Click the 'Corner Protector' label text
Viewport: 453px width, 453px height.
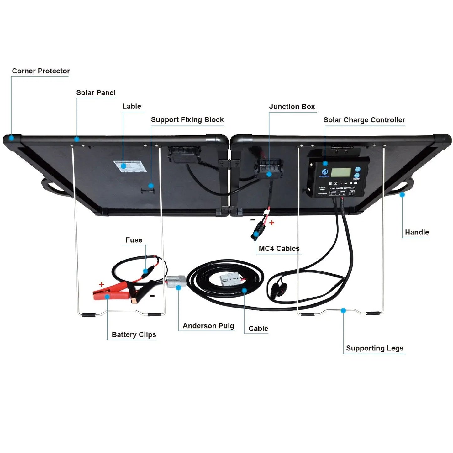[x=41, y=71]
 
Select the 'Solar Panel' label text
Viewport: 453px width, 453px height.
[x=96, y=93]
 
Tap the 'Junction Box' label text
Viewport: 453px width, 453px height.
[x=292, y=107]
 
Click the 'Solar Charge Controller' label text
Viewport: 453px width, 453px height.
[x=364, y=120]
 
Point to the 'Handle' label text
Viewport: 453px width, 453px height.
[x=417, y=232]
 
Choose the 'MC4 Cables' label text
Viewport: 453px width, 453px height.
[x=279, y=249]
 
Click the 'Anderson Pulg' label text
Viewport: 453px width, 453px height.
[x=208, y=326]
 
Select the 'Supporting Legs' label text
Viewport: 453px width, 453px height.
[x=375, y=348]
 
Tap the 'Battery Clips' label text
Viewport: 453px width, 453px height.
[x=134, y=335]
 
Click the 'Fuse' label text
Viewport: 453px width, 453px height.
[x=134, y=240]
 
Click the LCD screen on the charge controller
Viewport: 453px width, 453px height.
[x=341, y=173]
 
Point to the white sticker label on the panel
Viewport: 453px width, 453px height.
[x=129, y=166]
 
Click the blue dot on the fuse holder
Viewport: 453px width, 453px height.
[x=145, y=271]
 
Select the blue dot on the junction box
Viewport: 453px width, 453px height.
[x=269, y=174]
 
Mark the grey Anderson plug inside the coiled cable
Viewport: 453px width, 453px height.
[x=230, y=279]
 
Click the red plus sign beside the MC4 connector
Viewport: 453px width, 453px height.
[x=272, y=223]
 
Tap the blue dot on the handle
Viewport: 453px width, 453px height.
[x=402, y=195]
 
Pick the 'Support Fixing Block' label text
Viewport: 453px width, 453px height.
[x=187, y=120]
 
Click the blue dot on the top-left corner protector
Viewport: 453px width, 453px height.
[x=11, y=138]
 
